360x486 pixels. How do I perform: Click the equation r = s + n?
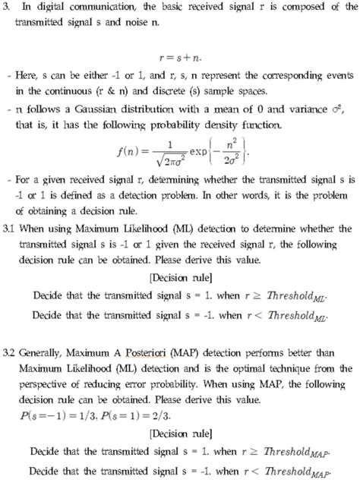pos(179,77)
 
